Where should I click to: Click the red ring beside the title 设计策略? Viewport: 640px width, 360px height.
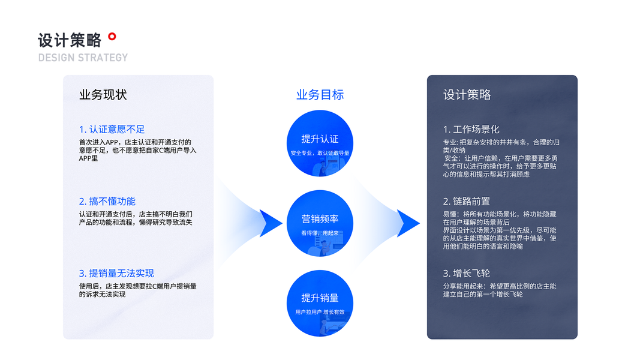(112, 37)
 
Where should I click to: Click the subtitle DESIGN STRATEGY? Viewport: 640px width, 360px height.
(83, 58)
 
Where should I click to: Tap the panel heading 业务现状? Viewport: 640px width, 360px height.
(103, 95)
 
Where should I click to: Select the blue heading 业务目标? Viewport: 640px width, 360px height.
(320, 95)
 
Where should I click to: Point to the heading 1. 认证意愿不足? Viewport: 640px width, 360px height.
(112, 129)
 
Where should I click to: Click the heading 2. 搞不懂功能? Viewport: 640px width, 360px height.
(107, 201)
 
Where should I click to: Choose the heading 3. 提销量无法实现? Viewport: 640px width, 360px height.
(116, 273)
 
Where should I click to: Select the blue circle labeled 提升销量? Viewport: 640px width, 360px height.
(320, 303)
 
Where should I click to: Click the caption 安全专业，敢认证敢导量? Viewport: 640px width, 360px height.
(320, 153)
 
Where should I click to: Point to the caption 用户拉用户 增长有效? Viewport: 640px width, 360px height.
(320, 312)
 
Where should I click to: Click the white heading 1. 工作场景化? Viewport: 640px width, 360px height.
(471, 129)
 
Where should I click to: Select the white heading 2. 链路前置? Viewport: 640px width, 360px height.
(466, 201)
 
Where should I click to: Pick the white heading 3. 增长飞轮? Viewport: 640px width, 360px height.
(466, 273)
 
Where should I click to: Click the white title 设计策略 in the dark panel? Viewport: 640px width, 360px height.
(467, 95)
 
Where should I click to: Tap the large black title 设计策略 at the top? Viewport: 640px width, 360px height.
(70, 40)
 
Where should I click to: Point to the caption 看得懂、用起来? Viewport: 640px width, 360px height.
(320, 233)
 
